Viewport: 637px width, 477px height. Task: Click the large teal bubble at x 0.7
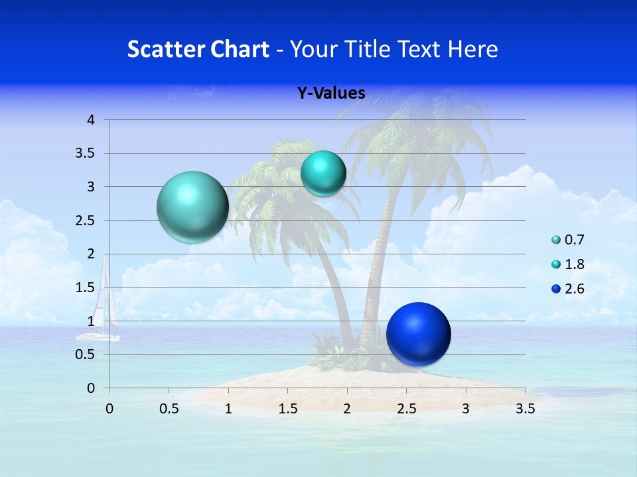point(192,207)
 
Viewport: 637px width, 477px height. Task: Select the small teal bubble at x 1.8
point(323,174)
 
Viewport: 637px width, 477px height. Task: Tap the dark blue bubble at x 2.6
point(418,334)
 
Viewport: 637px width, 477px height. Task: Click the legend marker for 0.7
point(556,240)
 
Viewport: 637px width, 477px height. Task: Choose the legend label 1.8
point(574,264)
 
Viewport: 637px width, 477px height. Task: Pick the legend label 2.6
point(574,289)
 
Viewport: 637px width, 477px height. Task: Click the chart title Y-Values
point(330,93)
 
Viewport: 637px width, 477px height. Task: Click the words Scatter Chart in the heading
point(198,49)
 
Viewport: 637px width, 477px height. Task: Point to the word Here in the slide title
point(472,49)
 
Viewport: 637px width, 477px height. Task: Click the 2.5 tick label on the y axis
point(86,221)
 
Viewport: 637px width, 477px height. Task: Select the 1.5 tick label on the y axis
point(86,288)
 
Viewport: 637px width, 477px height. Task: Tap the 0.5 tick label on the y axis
point(86,354)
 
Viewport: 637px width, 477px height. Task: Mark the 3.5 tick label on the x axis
point(525,409)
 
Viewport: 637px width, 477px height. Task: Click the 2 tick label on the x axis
point(347,409)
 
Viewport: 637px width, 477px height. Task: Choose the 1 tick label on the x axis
point(228,409)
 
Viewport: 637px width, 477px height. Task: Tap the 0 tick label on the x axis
point(109,409)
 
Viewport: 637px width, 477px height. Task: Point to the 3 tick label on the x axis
point(466,409)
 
